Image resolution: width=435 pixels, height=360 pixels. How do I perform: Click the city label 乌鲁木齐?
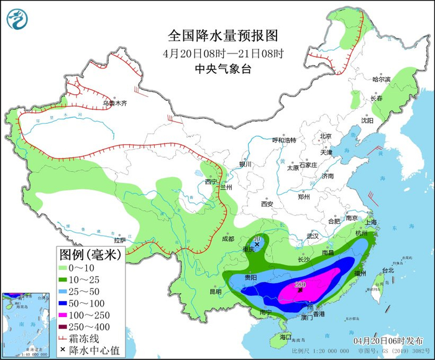(x=114, y=103)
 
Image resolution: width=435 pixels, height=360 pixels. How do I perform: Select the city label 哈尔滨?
(x=381, y=80)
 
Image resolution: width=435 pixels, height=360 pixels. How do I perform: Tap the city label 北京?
(x=326, y=136)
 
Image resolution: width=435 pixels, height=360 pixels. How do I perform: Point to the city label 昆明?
(x=215, y=292)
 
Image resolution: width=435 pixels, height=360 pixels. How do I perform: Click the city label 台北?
(x=388, y=270)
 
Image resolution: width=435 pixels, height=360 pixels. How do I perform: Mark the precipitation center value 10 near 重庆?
(x=257, y=238)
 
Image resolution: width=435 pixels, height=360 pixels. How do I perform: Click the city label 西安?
(x=267, y=203)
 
